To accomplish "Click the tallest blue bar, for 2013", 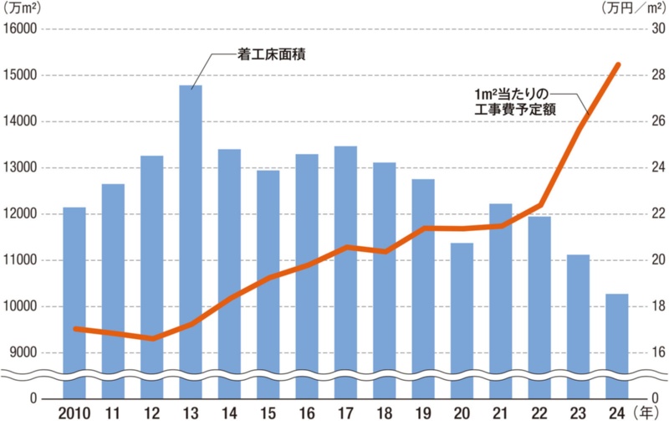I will [191, 234].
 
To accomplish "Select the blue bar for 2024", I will [617, 335].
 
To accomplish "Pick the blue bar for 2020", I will [462, 310].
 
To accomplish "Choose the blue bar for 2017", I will [345, 259].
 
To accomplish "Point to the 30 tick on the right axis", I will [656, 29].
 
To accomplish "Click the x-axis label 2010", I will [74, 412].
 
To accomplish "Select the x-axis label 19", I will [423, 412].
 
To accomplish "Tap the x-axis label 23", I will [578, 412].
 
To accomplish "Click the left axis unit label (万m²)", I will [23, 8].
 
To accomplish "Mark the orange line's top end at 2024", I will [617, 64].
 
